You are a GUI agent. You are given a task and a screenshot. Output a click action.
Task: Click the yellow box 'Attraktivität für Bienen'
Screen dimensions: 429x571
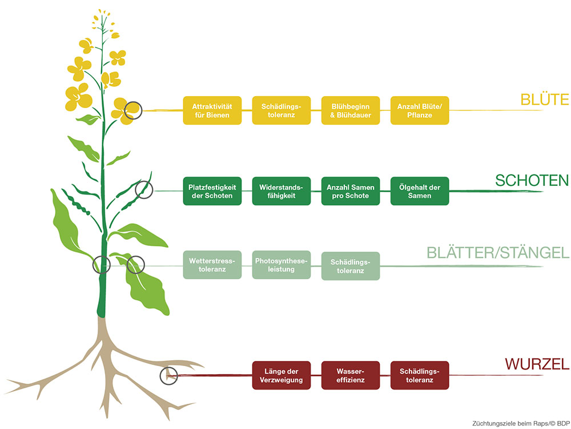212,110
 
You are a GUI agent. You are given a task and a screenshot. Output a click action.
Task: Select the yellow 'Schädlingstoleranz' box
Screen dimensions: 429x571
281,110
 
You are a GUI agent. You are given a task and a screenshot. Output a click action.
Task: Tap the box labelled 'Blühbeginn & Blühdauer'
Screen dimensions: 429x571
350,110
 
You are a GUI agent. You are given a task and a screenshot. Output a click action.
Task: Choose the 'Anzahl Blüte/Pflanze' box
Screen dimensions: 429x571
419,110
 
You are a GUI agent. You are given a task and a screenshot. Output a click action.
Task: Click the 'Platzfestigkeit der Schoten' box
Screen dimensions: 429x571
212,191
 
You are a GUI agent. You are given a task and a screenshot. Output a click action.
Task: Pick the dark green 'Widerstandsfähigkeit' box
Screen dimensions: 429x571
281,191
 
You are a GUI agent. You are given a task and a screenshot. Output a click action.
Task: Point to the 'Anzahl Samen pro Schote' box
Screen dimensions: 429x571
350,191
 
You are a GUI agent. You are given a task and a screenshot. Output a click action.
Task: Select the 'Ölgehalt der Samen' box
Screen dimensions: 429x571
419,191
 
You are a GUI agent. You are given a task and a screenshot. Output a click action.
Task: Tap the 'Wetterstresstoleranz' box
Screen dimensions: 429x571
212,265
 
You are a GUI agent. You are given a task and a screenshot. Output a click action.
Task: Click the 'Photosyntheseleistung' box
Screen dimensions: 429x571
281,265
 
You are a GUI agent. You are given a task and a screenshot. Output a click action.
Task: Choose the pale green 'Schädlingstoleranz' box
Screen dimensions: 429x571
350,266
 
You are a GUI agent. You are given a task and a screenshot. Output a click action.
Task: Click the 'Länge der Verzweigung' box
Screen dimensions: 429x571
281,375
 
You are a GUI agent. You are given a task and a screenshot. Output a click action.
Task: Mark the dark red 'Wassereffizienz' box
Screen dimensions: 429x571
350,375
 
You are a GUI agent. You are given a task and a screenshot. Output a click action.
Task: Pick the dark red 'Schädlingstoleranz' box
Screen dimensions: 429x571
419,375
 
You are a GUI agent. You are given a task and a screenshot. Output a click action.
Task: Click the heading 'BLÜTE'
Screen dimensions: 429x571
544,100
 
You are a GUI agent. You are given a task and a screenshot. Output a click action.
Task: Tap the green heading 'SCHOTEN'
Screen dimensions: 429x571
532,180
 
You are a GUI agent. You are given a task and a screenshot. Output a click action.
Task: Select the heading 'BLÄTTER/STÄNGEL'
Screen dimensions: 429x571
497,253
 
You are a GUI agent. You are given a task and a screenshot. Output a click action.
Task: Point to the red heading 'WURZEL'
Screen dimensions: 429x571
536,364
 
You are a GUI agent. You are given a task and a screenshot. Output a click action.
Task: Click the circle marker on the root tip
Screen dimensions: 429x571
169,375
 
